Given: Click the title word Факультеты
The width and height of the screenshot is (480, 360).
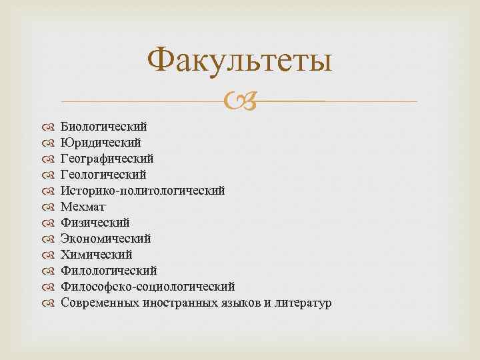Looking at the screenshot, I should tap(240, 62).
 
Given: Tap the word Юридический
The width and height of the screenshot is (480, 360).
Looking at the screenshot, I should tap(101, 142).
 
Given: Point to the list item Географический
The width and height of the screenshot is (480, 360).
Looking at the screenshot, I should tap(107, 158).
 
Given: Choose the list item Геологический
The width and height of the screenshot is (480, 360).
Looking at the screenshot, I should tap(103, 174).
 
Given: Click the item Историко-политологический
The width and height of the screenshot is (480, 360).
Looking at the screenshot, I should tap(143, 190).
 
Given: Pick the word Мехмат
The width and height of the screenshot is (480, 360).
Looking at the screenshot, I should tap(83, 206).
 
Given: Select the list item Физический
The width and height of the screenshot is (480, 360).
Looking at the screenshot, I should tap(95, 222).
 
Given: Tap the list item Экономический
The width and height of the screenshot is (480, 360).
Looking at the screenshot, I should tap(105, 238).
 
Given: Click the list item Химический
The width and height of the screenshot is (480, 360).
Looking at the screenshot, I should tap(96, 254).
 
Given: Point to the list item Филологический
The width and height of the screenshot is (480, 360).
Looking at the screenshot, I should tap(109, 270).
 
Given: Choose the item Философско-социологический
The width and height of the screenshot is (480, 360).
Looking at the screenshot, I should tap(147, 287).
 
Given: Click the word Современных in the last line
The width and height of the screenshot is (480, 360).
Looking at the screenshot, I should tap(101, 303).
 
